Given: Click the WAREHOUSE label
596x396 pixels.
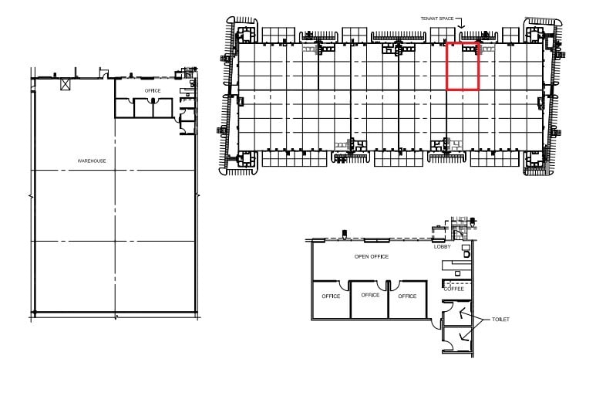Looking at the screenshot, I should (91, 161).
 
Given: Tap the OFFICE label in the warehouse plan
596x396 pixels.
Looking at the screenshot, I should (153, 90).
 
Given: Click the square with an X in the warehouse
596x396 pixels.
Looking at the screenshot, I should (66, 83).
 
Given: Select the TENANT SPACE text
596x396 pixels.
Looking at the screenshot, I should (435, 17).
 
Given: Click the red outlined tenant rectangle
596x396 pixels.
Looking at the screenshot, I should (463, 66).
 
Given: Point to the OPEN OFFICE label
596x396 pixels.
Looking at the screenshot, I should (371, 256).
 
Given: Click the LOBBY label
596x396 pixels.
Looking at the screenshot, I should (443, 248).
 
